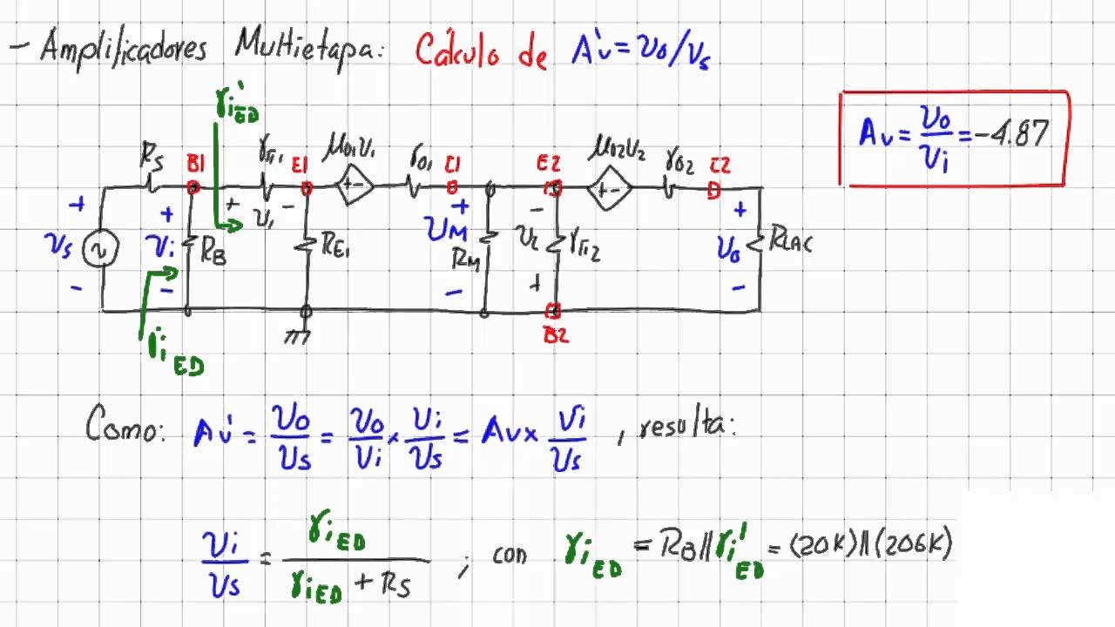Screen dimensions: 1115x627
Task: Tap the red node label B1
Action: click(194, 163)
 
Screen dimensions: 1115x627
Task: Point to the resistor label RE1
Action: click(335, 248)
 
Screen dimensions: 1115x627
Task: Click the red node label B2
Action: click(556, 334)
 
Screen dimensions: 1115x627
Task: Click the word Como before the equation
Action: click(125, 427)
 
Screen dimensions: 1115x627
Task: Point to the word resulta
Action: click(687, 427)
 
